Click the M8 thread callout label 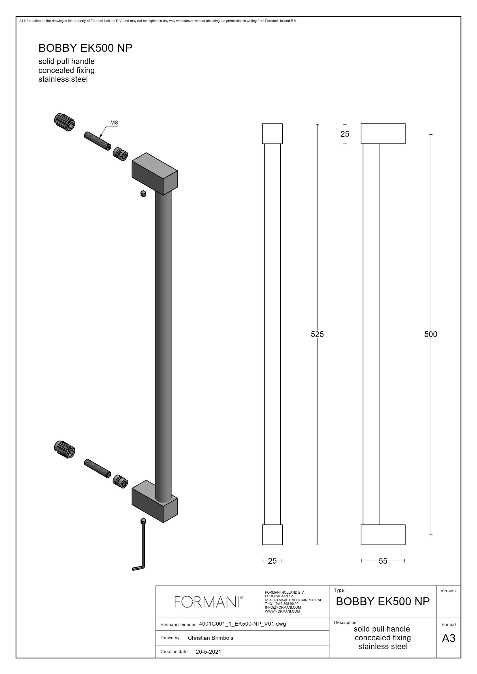(x=114, y=123)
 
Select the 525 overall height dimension (x=317, y=334)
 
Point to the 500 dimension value (x=431, y=334)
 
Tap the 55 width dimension (x=383, y=561)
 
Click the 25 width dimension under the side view (x=272, y=561)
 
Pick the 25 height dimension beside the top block (x=345, y=134)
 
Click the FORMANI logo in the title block (x=209, y=602)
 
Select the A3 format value (x=448, y=638)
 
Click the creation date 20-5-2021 (x=208, y=652)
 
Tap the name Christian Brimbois (x=210, y=638)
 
